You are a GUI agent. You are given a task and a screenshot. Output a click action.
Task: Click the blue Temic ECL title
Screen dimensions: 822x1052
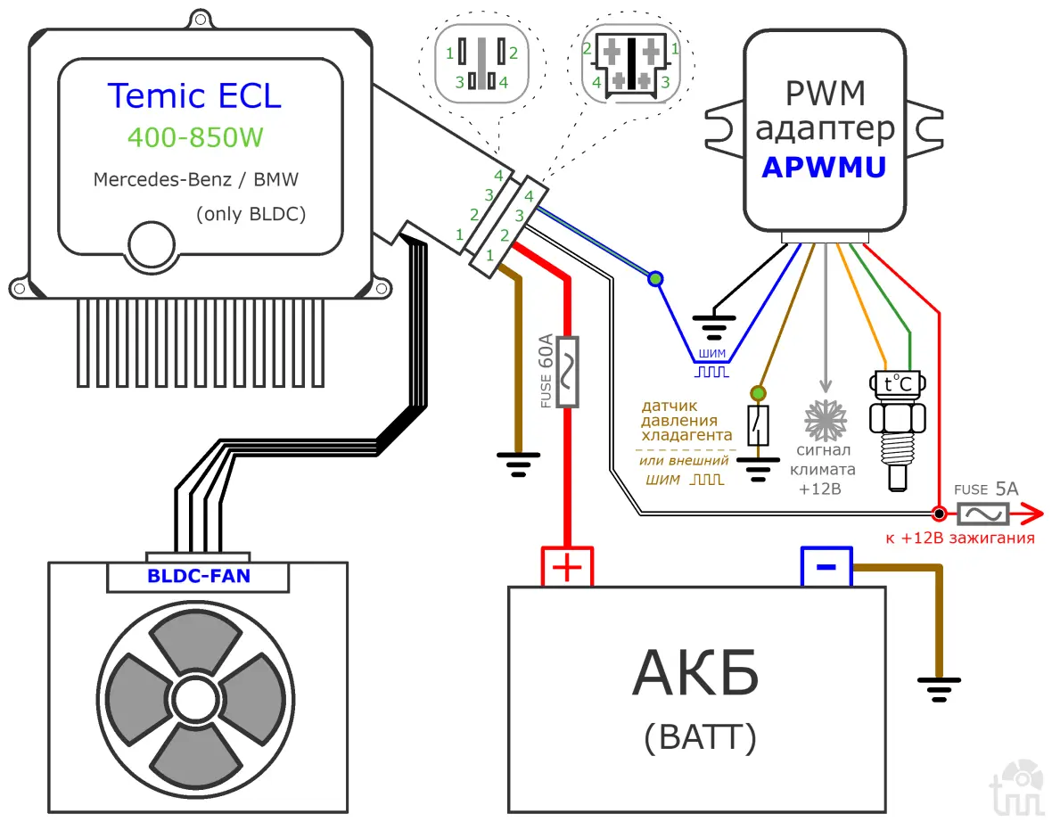tap(194, 95)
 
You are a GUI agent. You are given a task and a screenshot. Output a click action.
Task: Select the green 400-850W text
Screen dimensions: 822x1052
tap(195, 136)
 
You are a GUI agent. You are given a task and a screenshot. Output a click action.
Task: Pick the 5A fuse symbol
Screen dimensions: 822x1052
tap(982, 514)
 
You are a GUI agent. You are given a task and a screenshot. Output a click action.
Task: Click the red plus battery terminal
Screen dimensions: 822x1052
tap(567, 566)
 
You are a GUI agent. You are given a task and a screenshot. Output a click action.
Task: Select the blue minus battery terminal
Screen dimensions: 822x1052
tap(826, 566)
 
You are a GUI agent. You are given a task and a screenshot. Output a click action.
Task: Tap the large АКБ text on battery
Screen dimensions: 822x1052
tap(695, 673)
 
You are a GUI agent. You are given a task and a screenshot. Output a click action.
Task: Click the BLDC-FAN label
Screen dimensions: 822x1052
tap(198, 576)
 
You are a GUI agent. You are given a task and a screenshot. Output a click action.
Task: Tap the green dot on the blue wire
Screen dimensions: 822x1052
tap(656, 279)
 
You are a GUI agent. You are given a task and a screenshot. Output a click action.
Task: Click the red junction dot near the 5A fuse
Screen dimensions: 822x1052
tap(938, 514)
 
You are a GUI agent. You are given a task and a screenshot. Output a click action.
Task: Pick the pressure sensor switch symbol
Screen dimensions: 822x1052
tap(757, 425)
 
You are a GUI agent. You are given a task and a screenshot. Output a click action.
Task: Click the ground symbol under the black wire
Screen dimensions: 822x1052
tap(713, 325)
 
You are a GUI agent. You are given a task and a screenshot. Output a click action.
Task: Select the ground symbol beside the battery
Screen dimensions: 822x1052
tap(938, 686)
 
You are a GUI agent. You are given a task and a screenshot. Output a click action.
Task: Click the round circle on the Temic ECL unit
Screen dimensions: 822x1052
tap(151, 243)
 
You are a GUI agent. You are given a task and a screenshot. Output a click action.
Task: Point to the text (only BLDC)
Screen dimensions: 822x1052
tap(251, 215)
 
